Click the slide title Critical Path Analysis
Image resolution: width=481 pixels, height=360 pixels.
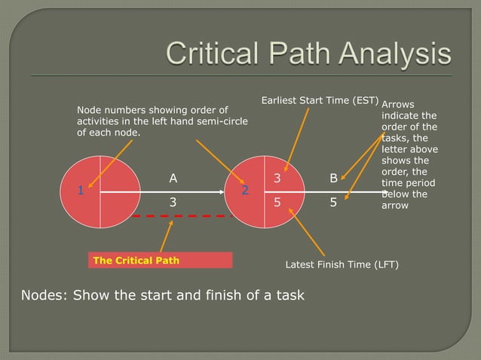click(308, 55)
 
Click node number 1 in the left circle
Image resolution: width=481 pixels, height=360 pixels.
click(80, 191)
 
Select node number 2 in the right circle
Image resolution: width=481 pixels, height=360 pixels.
click(245, 191)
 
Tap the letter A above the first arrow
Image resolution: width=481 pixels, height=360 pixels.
click(173, 178)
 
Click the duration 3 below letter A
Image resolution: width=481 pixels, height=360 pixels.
click(173, 203)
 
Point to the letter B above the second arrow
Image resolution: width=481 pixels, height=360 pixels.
click(333, 178)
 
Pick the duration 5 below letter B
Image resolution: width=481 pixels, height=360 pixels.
click(333, 203)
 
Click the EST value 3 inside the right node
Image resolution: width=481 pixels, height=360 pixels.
click(277, 178)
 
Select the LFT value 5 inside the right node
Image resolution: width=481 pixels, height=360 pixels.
click(277, 203)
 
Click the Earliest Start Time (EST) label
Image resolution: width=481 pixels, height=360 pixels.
click(319, 99)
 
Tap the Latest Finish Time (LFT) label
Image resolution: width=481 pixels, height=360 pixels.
click(342, 265)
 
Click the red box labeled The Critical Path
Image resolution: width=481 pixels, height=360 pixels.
click(160, 261)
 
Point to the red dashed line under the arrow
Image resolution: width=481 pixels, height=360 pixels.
click(181, 216)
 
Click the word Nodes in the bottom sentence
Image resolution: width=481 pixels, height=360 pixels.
click(37, 294)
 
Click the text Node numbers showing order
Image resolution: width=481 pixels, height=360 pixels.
click(152, 111)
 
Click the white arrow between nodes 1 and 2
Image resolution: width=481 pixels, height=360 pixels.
click(162, 192)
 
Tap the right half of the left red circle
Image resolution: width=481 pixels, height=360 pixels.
click(119, 192)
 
